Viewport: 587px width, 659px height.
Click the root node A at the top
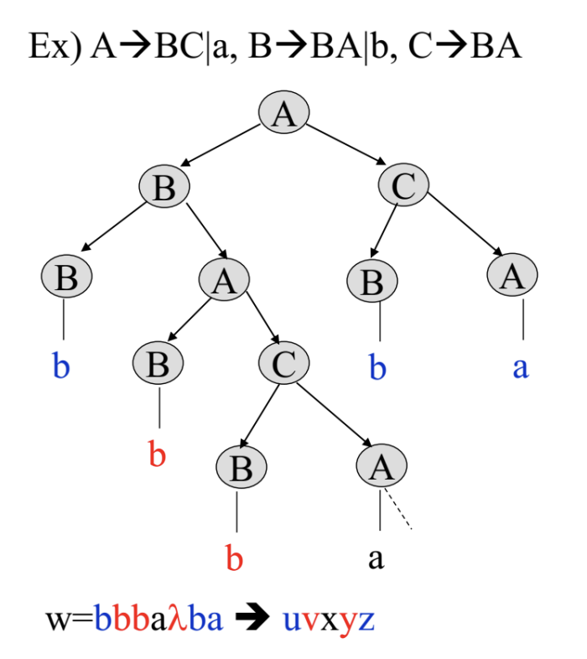[x=284, y=112]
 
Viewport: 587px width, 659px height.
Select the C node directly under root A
[x=403, y=185]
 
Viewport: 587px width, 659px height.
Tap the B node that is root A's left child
[x=164, y=185]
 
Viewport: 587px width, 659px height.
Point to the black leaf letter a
[x=377, y=557]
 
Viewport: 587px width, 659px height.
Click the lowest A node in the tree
[x=382, y=466]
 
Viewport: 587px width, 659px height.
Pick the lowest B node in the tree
[x=241, y=466]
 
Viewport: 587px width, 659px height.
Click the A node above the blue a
[x=512, y=276]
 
